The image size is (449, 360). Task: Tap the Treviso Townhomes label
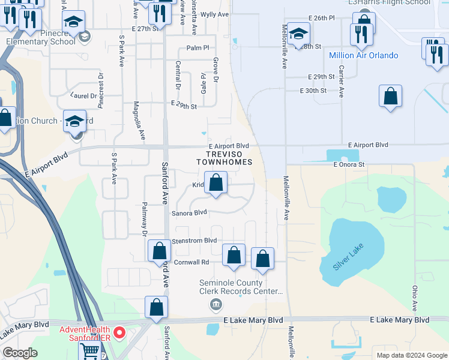click(x=224, y=158)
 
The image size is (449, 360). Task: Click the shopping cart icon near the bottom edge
click(x=89, y=351)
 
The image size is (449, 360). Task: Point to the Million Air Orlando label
click(x=363, y=56)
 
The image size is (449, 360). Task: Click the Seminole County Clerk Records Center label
click(x=241, y=287)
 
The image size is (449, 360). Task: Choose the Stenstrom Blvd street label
click(x=194, y=241)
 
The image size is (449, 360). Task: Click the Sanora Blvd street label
click(x=189, y=212)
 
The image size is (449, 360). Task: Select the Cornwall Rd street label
click(x=191, y=262)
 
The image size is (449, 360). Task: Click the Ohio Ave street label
click(x=415, y=298)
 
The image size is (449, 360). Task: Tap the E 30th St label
click(x=313, y=91)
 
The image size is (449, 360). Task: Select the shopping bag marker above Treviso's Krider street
click(x=216, y=182)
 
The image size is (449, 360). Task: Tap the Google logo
click(x=20, y=353)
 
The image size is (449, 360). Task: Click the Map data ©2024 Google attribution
click(x=411, y=355)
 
